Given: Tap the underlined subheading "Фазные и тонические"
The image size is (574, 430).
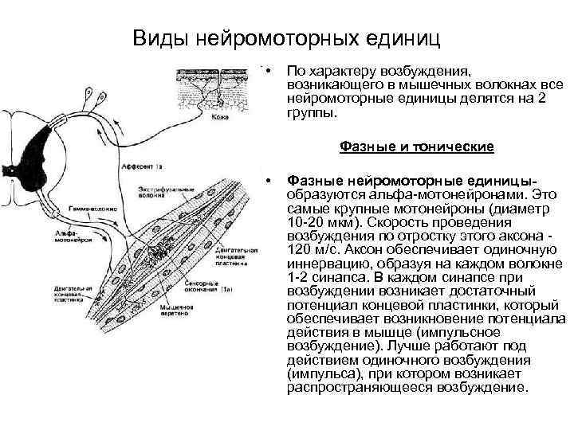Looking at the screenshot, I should (x=417, y=147).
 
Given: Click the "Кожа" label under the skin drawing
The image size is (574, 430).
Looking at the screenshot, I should (x=220, y=118).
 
